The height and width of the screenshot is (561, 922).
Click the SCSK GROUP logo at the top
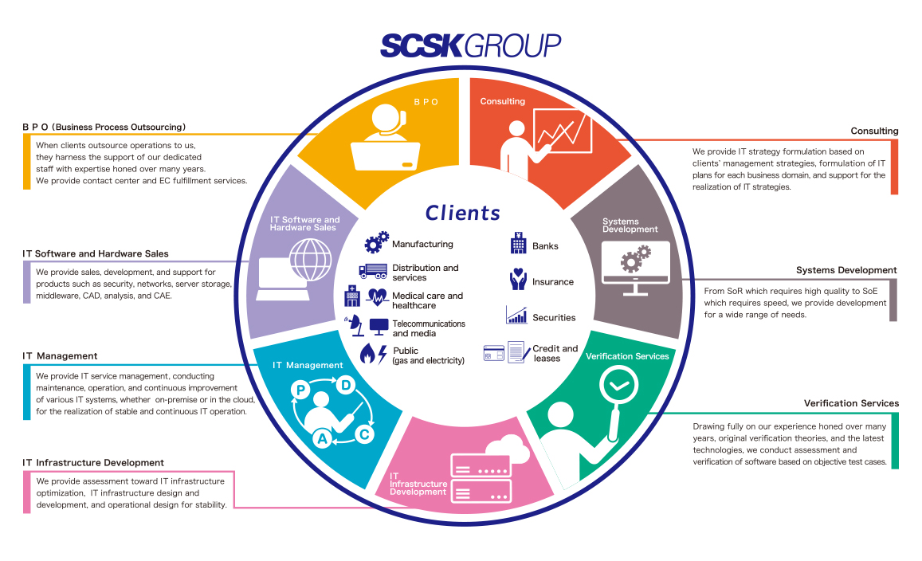tap(470, 45)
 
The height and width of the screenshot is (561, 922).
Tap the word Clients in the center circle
tap(463, 213)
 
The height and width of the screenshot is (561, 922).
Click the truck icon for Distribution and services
tap(372, 272)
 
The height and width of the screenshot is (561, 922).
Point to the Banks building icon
tap(518, 243)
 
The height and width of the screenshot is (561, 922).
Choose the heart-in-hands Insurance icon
tap(518, 280)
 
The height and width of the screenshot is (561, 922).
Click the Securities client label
tap(554, 318)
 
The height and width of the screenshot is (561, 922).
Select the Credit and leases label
tap(555, 353)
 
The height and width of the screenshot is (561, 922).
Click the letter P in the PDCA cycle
tap(301, 390)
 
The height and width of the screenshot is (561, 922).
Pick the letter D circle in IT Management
tap(346, 386)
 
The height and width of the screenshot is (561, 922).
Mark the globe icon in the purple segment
tap(308, 259)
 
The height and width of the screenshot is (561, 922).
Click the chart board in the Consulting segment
tap(563, 131)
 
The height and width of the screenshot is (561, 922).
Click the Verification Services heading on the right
tap(851, 403)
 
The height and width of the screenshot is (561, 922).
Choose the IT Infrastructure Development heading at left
tap(93, 462)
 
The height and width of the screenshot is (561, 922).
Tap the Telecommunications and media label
tap(429, 328)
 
